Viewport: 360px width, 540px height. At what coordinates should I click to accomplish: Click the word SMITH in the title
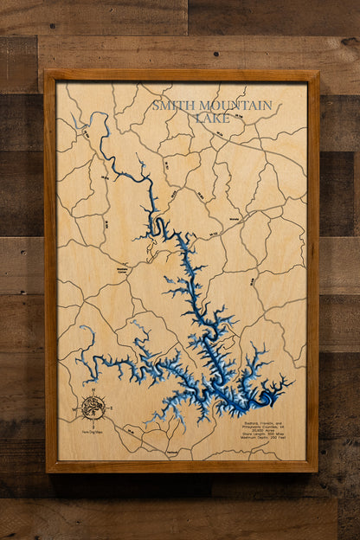pyautogui.click(x=170, y=106)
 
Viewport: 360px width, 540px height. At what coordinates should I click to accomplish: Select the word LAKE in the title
pyautogui.click(x=212, y=118)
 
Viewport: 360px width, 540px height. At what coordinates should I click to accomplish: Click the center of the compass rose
pyautogui.click(x=93, y=406)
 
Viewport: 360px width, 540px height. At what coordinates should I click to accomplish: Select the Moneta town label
pyautogui.click(x=233, y=244)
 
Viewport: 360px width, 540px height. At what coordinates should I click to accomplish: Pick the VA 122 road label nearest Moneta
pyautogui.click(x=213, y=235)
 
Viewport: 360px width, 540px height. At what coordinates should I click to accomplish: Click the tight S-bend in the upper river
pyautogui.click(x=158, y=227)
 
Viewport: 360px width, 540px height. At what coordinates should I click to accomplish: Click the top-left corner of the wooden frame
pyautogui.click(x=46, y=71)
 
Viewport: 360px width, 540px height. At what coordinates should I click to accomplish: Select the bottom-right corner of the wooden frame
pyautogui.click(x=317, y=471)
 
